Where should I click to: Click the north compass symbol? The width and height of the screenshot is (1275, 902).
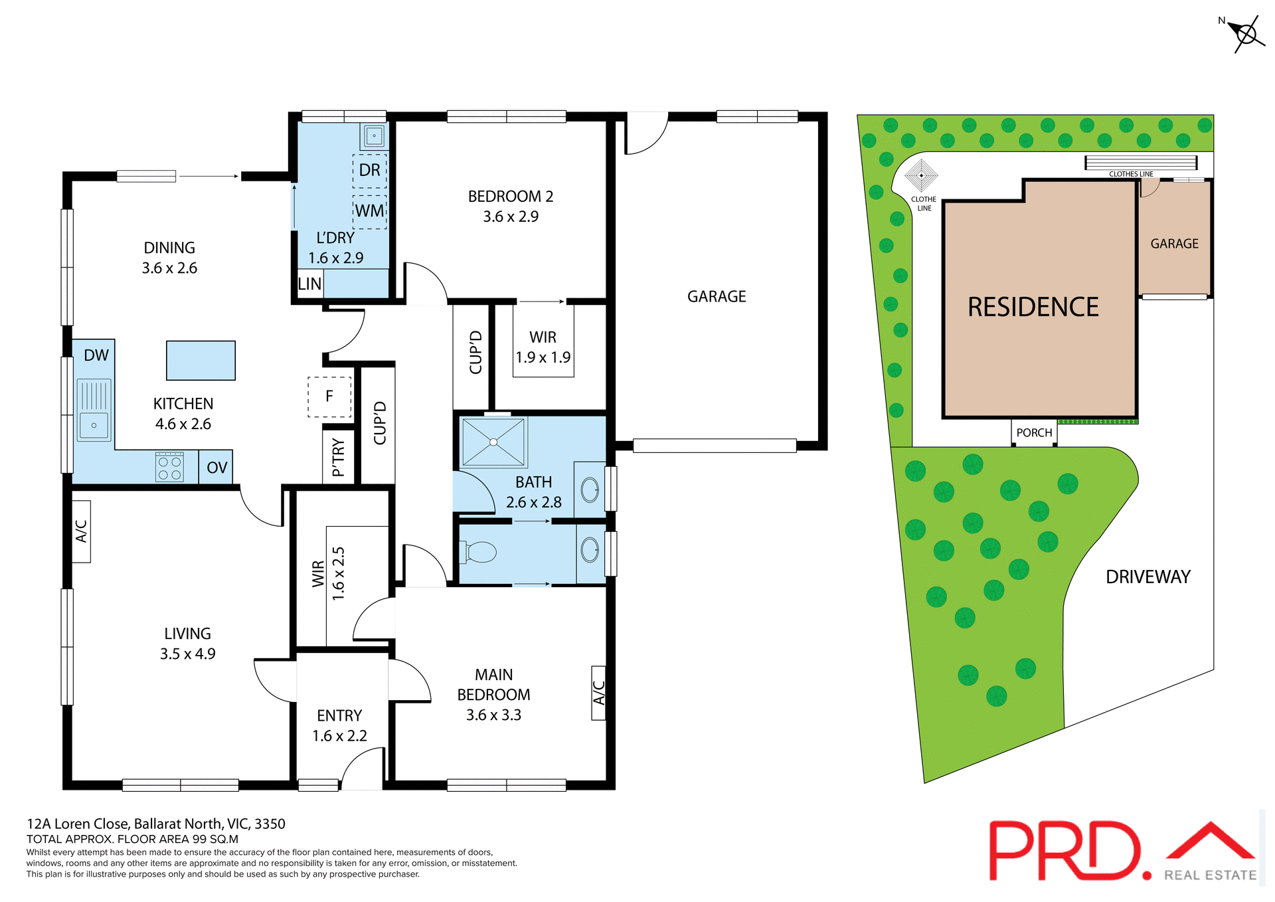(x=1246, y=34)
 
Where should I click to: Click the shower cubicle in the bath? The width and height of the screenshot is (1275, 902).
(x=493, y=442)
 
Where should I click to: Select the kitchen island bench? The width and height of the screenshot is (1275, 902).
(x=201, y=361)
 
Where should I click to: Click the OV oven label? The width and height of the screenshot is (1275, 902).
(x=216, y=468)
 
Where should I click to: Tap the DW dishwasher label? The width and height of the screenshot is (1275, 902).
(x=96, y=355)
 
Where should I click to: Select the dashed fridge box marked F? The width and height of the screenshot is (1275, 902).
(x=329, y=397)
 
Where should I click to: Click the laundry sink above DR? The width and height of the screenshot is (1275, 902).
(x=374, y=136)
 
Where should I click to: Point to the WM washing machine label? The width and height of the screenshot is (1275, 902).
(x=369, y=211)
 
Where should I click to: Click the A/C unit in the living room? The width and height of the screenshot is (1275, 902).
(x=81, y=531)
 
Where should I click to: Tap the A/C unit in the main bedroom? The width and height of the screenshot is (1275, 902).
(x=598, y=693)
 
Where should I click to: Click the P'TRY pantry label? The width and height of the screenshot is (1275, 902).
(x=338, y=457)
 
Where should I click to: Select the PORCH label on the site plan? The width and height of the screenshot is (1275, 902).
(x=1034, y=433)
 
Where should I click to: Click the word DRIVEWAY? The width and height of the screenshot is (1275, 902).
(x=1147, y=577)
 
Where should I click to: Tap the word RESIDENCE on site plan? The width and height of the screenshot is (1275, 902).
(x=1033, y=308)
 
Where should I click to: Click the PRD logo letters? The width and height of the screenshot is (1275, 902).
(x=1066, y=852)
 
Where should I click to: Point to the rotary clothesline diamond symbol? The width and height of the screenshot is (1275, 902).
(x=921, y=176)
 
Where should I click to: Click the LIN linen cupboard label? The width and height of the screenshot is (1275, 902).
(x=309, y=284)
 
